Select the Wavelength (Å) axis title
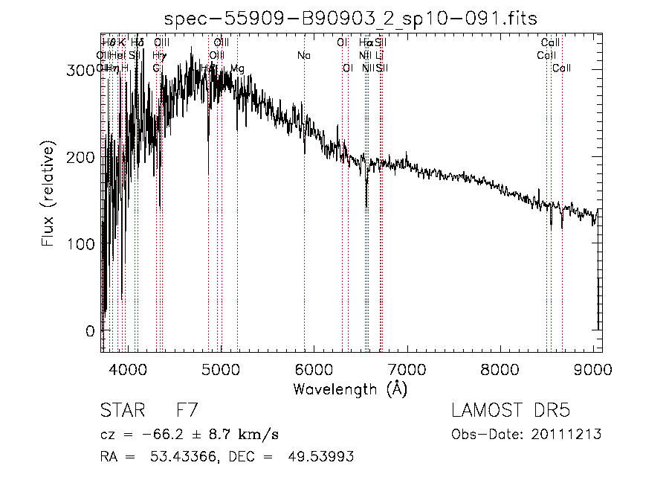(350, 388)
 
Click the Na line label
(303, 56)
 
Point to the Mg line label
(237, 68)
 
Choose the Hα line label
(365, 43)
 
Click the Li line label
(379, 56)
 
